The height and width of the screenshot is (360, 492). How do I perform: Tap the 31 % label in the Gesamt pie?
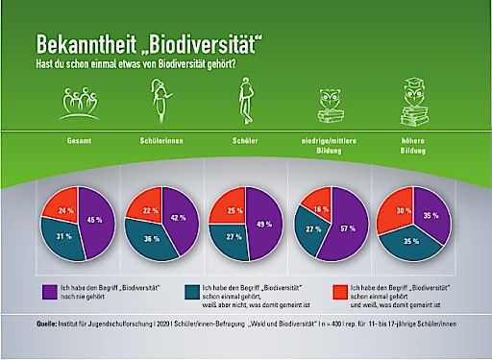click(61, 237)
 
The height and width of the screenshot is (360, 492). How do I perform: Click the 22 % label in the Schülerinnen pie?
click(150, 209)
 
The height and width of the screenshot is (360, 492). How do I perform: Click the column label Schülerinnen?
click(156, 141)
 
